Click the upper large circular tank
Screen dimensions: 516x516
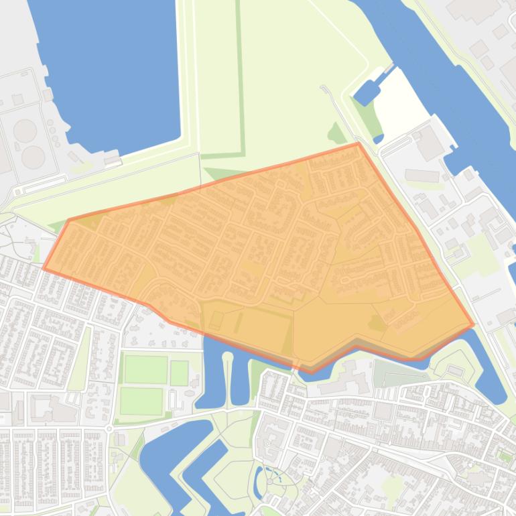[x=25, y=130]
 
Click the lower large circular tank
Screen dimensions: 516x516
[x=32, y=157]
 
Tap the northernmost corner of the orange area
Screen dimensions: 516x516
[x=359, y=143]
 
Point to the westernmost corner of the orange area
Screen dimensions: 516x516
[x=44, y=269]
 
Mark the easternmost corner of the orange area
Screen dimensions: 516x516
[x=473, y=325]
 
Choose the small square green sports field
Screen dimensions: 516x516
[x=179, y=373]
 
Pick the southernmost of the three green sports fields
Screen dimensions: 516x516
[x=141, y=401]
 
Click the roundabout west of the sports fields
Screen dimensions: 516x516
[x=109, y=427]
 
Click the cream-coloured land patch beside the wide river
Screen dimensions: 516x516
[x=402, y=101]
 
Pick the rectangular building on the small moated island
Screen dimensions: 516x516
[x=456, y=369]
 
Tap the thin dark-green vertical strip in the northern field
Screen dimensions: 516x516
[x=240, y=74]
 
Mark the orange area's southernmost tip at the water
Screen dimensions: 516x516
[x=310, y=371]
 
